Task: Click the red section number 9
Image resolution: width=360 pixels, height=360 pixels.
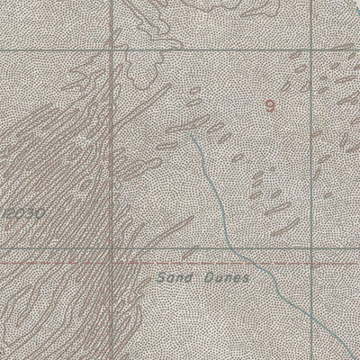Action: tap(269, 105)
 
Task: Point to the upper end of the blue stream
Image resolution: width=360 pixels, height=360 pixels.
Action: tap(192, 136)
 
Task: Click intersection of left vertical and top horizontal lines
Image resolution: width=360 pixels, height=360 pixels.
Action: tap(111, 51)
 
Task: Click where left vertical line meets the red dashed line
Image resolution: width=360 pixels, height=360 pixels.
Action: tap(111, 263)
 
